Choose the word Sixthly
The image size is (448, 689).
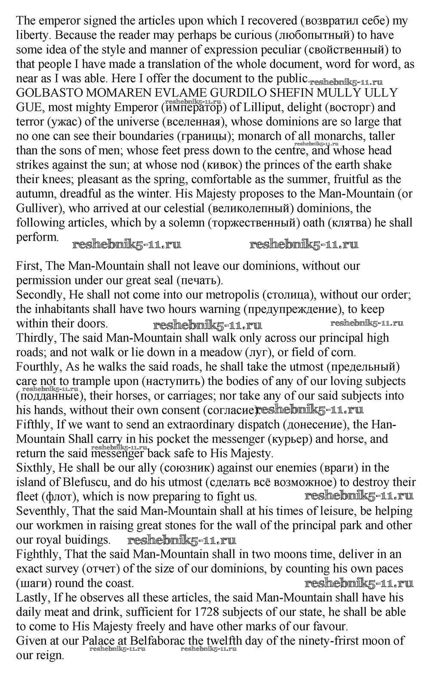[34, 468]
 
